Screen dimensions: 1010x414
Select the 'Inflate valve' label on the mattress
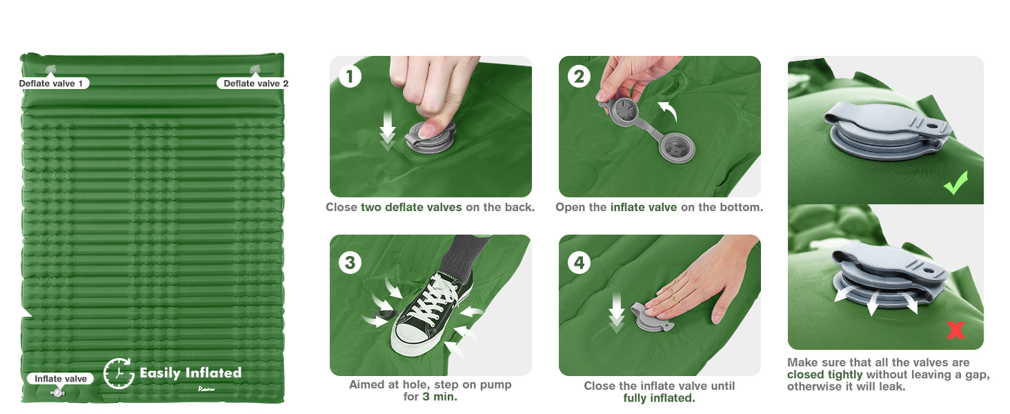(x=61, y=379)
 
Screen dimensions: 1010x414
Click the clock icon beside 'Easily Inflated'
(x=119, y=373)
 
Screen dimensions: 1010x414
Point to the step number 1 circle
(x=350, y=77)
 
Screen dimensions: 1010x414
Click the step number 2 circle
(x=579, y=76)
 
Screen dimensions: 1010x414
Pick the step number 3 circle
(x=350, y=262)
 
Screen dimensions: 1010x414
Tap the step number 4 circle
(x=580, y=262)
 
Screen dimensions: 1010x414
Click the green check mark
(x=955, y=183)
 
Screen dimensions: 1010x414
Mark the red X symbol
(x=956, y=330)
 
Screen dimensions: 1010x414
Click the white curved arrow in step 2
(x=669, y=110)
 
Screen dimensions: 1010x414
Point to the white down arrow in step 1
(x=387, y=131)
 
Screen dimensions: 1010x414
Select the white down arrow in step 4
(x=616, y=313)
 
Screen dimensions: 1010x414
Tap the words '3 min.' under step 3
(x=439, y=397)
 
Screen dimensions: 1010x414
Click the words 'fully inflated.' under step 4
(x=660, y=398)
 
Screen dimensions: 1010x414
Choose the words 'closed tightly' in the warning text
(x=824, y=375)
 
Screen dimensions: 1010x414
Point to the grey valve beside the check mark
(x=887, y=131)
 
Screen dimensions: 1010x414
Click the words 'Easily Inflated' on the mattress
(x=190, y=373)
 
